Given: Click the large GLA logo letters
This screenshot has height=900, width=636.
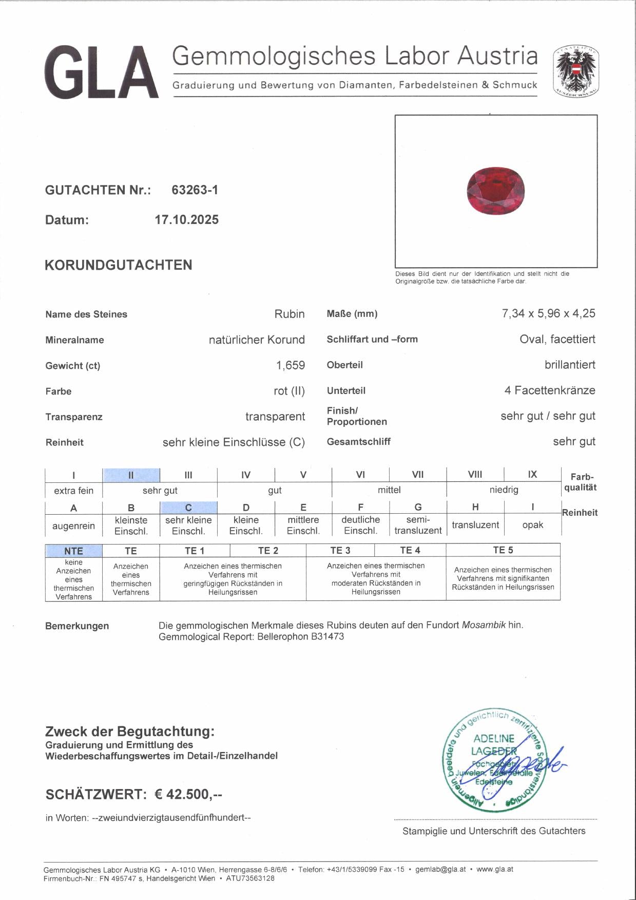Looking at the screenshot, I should pyautogui.click(x=101, y=72).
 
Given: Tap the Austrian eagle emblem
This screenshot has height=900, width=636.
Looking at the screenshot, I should pyautogui.click(x=575, y=71).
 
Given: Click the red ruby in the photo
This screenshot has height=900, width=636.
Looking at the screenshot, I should pyautogui.click(x=496, y=191).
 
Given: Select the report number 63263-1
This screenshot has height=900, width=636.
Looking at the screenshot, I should pyautogui.click(x=195, y=190).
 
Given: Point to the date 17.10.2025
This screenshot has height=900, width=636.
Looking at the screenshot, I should pyautogui.click(x=186, y=220).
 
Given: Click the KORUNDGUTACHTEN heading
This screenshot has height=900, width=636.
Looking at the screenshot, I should pyautogui.click(x=119, y=265).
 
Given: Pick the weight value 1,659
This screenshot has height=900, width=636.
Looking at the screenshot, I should pyautogui.click(x=290, y=365).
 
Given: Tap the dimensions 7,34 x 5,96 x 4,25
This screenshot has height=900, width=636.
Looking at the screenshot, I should pyautogui.click(x=548, y=313).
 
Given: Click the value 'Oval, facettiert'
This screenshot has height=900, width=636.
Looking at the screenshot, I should pyautogui.click(x=557, y=339).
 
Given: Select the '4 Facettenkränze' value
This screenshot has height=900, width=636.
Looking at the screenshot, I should pyautogui.click(x=549, y=390).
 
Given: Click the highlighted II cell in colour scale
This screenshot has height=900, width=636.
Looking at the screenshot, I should pyautogui.click(x=131, y=475).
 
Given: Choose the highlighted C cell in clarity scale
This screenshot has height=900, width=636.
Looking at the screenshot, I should pyautogui.click(x=188, y=508).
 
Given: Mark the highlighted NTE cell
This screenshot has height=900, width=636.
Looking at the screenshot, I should pyautogui.click(x=73, y=551).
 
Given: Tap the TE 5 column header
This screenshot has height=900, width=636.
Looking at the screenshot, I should pyautogui.click(x=503, y=550).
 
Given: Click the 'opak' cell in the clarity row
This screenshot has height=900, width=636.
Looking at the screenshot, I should pyautogui.click(x=532, y=525).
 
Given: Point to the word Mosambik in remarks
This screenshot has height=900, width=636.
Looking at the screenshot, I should pyautogui.click(x=484, y=625).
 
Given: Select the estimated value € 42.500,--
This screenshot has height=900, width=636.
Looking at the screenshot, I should pyautogui.click(x=188, y=794).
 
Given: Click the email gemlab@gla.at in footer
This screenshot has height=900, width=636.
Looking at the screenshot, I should pyautogui.click(x=440, y=869).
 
